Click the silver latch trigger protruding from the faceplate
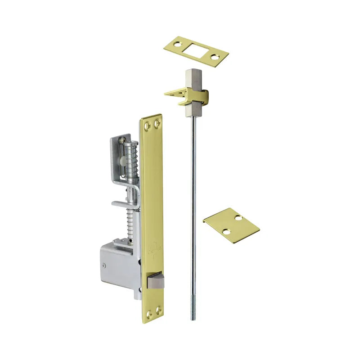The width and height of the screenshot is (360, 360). [155, 281]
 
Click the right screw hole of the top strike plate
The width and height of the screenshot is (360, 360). [216, 57]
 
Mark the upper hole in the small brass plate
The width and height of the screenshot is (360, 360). [238, 218]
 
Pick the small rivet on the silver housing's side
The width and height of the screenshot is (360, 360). [105, 265]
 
